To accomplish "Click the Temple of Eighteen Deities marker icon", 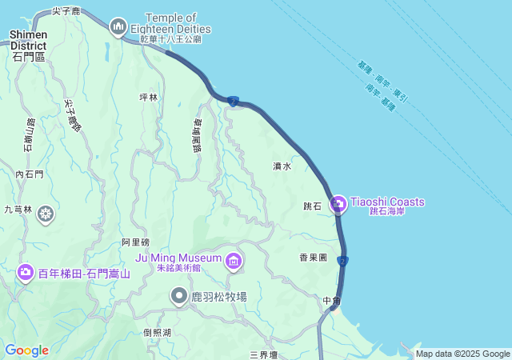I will pos(118,26).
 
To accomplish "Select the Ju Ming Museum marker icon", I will pos(234,260).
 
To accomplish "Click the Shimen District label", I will pos(28,40).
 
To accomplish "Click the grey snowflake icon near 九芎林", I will pos(46,214).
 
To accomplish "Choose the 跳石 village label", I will pos(312,206).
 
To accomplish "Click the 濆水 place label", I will pos(282,166).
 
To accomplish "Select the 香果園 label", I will pos(314,258).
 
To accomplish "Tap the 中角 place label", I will pos(332,301).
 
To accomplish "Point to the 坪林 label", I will pos(150,97).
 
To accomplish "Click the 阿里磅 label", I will pos(135,242).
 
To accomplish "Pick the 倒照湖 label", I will pos(158,333).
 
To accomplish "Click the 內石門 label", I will pos(30,174).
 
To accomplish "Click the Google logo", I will pos(26,350).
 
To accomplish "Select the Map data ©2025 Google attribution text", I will pos(462,354).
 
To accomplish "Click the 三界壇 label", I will pos(263,354).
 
